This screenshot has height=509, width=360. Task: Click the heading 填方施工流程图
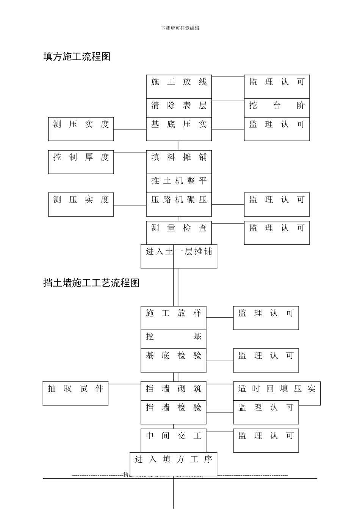77,57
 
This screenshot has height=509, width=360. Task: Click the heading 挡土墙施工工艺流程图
91,283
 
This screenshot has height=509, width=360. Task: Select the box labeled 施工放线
179,87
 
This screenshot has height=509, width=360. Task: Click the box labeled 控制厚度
81,162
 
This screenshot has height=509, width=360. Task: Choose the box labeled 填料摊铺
179,162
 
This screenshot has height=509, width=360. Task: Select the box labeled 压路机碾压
179,205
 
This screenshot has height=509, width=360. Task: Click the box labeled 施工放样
174,318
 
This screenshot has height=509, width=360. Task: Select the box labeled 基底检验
174,360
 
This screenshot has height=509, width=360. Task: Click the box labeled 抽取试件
75,393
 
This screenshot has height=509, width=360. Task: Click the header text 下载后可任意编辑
180,28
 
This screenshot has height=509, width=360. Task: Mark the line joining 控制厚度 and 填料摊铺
130,153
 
